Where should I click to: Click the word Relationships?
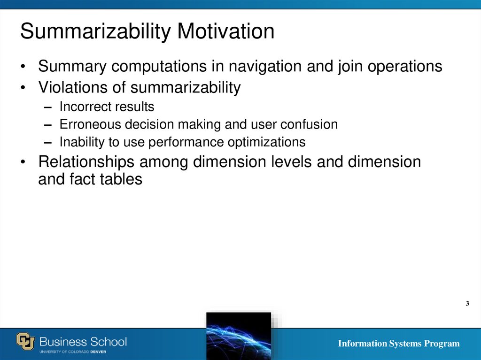85,162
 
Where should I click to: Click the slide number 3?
467,304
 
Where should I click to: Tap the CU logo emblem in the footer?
26,341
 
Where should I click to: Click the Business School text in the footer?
83,341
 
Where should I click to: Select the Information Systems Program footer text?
399,344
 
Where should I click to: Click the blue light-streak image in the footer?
239,336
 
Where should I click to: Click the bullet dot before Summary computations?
23,67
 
